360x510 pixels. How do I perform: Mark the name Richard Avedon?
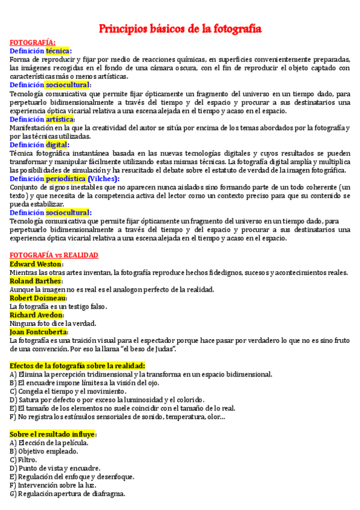point(36,315)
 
